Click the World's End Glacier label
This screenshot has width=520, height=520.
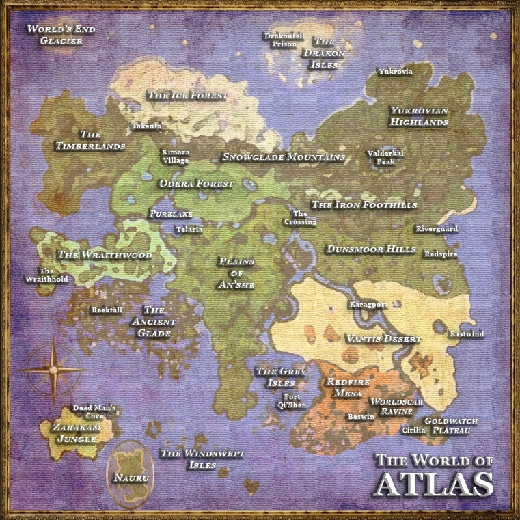[x=61, y=34]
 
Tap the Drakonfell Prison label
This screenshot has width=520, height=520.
[x=284, y=40]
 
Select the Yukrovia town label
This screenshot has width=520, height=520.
[x=396, y=71]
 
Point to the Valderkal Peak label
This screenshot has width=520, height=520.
[x=385, y=158]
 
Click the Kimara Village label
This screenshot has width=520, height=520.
[x=176, y=156]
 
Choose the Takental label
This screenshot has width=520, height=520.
[x=148, y=126]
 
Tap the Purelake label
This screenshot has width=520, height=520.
[x=171, y=214]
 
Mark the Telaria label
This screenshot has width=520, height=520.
[x=189, y=230]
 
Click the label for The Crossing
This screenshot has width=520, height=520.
[x=301, y=218]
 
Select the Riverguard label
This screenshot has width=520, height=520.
[x=437, y=229]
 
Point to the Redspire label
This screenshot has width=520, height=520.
[x=441, y=254]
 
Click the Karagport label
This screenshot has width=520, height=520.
[x=369, y=304]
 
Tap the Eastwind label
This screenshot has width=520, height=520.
[x=467, y=333]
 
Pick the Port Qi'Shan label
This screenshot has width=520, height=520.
[x=292, y=400]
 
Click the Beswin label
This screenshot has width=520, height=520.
[x=361, y=416]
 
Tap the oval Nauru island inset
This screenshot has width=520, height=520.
[x=132, y=475]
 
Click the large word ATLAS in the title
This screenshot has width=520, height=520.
[x=435, y=482]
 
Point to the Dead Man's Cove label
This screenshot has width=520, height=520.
[x=95, y=411]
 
